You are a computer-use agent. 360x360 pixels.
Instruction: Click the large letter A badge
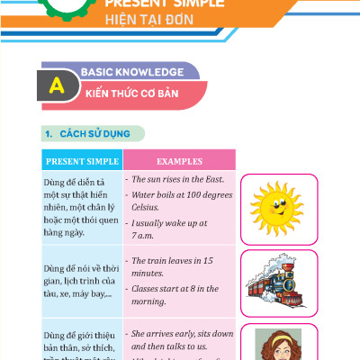pyautogui.click(x=58, y=86)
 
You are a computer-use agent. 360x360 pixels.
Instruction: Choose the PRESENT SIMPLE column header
pyautogui.click(x=81, y=162)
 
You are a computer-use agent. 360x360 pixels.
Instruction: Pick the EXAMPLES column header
pyautogui.click(x=179, y=162)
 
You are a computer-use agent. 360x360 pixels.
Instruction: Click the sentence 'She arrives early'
pyautogui.click(x=181, y=340)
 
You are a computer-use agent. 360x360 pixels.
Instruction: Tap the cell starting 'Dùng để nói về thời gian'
pyautogui.click(x=81, y=278)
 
